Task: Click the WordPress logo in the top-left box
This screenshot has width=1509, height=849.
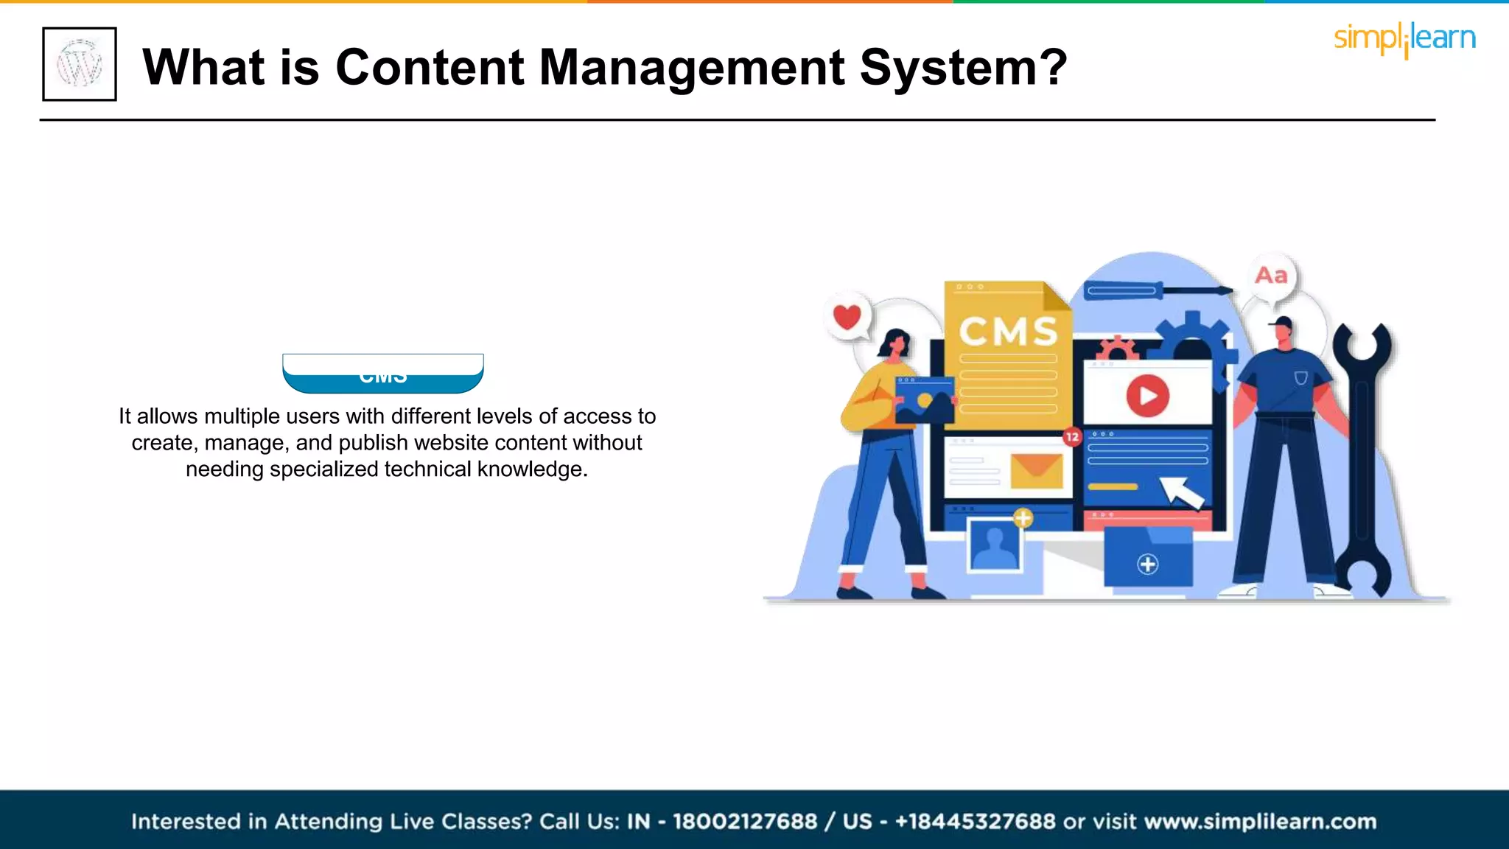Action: tap(80, 64)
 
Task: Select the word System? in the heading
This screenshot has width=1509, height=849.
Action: tap(964, 67)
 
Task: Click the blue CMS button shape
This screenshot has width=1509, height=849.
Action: tap(383, 375)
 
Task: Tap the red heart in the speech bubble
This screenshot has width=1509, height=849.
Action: tap(847, 317)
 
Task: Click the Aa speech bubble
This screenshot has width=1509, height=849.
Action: tap(1271, 276)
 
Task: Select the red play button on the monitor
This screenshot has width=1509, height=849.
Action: tap(1147, 396)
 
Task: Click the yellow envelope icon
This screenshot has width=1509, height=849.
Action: tap(1036, 469)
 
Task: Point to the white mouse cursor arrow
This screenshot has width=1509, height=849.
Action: tap(1181, 492)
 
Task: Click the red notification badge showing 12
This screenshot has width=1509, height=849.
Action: tap(1072, 437)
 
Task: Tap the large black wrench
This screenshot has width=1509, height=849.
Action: tap(1363, 457)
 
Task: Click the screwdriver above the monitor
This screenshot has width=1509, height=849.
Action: tap(1157, 290)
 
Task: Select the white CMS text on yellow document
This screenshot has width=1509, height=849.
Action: tap(1008, 331)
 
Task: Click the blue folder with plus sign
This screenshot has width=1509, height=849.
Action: tap(1147, 559)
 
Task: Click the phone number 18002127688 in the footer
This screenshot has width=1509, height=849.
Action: tap(745, 822)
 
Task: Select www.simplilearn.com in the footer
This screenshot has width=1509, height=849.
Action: tap(1260, 822)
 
